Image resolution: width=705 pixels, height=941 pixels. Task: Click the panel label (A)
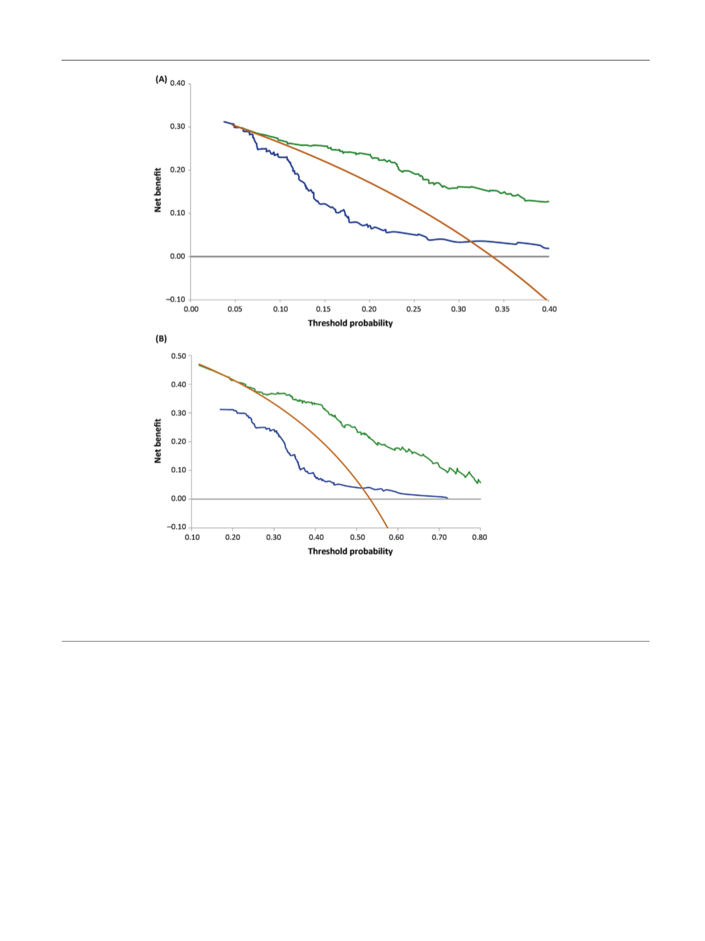pyautogui.click(x=161, y=79)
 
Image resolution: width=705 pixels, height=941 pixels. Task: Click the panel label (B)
pyautogui.click(x=161, y=339)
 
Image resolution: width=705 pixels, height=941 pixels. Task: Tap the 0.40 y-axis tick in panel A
pyautogui.click(x=177, y=84)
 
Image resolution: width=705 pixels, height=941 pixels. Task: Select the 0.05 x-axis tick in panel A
pyautogui.click(x=235, y=309)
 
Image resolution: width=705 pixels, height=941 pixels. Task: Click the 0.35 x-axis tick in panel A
pyautogui.click(x=502, y=309)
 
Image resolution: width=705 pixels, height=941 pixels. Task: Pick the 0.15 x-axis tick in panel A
pyautogui.click(x=323, y=309)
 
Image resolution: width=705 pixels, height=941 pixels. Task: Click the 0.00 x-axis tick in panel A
pyautogui.click(x=191, y=309)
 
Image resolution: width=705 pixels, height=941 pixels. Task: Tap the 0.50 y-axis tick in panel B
pyautogui.click(x=178, y=356)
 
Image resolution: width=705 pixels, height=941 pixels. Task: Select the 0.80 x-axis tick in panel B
pyautogui.click(x=479, y=537)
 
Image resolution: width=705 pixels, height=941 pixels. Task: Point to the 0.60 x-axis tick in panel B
pyautogui.click(x=396, y=537)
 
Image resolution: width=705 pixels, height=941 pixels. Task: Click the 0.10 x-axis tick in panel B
pyautogui.click(x=192, y=537)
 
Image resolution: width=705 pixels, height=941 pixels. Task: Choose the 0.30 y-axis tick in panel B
pyautogui.click(x=178, y=413)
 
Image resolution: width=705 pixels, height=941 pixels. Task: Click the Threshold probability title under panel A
pyautogui.click(x=350, y=323)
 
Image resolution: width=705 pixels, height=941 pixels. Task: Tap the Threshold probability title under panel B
pyautogui.click(x=350, y=551)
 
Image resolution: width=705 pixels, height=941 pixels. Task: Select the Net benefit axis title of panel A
pyautogui.click(x=158, y=190)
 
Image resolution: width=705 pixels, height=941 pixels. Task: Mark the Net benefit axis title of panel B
pyautogui.click(x=158, y=441)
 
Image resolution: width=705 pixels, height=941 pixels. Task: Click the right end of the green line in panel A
pyautogui.click(x=549, y=201)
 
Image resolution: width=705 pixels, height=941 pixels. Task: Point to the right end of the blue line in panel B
pyautogui.click(x=447, y=498)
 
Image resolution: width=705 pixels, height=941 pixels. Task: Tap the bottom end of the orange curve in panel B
pyautogui.click(x=387, y=527)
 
